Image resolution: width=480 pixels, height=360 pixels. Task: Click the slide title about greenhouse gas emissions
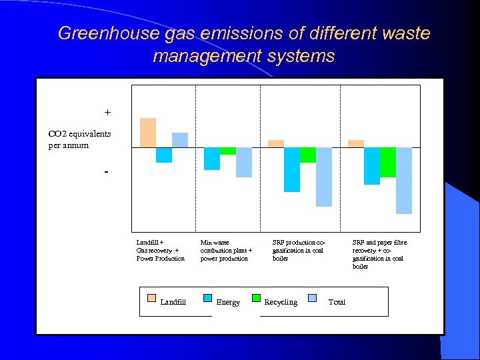coord(244,44)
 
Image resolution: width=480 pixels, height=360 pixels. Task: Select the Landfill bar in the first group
coord(148,132)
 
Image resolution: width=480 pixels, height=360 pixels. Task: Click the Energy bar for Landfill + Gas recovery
coord(164,155)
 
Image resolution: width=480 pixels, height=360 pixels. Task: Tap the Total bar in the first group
coord(180,140)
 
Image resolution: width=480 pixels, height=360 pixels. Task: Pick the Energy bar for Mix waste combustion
coord(212,159)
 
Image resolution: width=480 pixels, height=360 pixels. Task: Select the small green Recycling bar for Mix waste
coord(228,151)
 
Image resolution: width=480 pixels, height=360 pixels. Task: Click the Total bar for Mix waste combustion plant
coord(244,162)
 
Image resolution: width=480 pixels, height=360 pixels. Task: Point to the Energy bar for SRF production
coord(292,169)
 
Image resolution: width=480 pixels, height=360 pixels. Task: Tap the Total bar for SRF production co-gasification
coord(324,177)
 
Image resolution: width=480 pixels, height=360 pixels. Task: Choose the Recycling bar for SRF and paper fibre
coord(388,162)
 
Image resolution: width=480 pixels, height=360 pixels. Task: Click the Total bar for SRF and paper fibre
coord(404,180)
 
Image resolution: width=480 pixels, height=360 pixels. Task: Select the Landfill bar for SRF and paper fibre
coord(356,143)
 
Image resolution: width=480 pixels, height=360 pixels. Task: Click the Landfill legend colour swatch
coord(151,298)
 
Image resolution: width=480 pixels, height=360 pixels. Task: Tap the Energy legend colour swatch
coord(207,298)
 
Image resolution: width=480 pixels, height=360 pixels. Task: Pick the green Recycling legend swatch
coord(256,298)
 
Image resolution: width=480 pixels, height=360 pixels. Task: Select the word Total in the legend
coord(337,302)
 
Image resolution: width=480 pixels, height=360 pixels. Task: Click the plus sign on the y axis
coord(107,112)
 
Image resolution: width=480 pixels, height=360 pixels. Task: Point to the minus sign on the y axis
coord(106,171)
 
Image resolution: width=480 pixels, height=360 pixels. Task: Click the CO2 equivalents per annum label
coord(79,139)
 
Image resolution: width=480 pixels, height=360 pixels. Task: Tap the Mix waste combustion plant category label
coord(226,250)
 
